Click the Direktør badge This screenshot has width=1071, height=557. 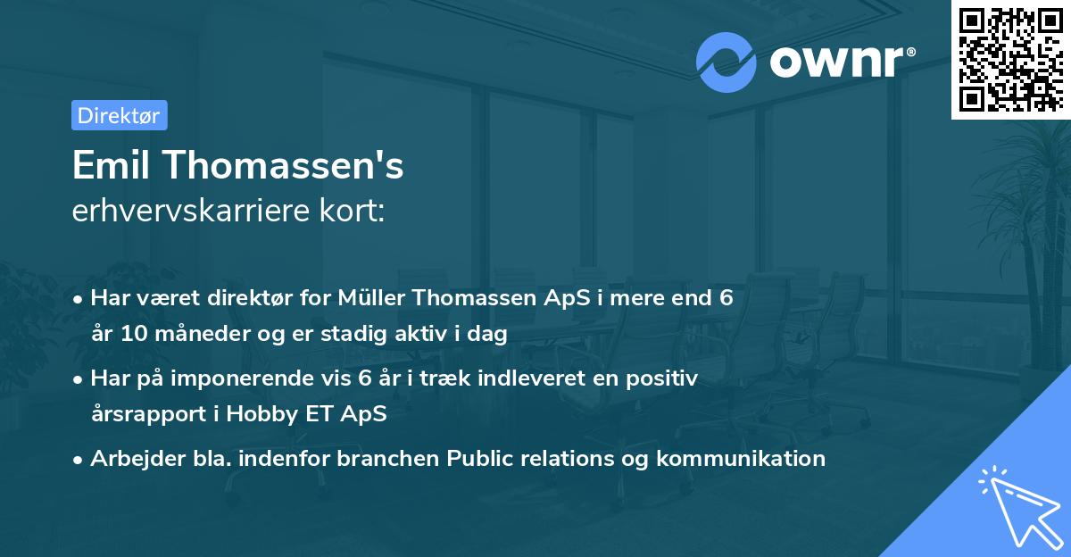point(119,115)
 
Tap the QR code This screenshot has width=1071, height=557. point(1009,59)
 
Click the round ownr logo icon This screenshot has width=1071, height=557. point(726,62)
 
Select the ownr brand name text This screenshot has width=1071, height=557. point(840,62)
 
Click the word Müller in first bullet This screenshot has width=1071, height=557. point(374,298)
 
